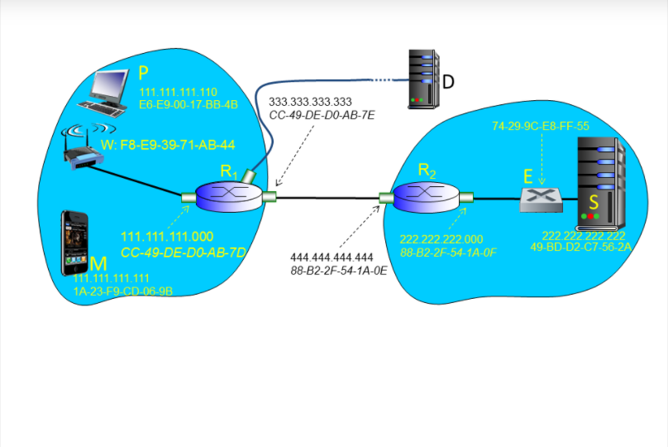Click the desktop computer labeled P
coord(106,91)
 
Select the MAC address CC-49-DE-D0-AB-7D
coord(184,251)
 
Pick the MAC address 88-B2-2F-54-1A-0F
coord(447,252)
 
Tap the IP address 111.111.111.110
coord(178,93)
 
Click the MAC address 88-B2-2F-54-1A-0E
coord(339,270)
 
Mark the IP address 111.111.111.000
coord(167,237)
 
